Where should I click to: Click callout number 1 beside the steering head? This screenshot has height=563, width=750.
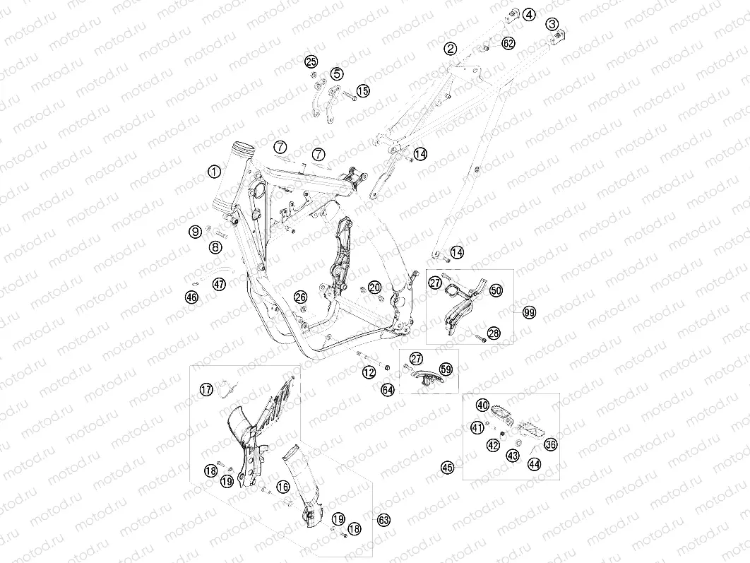215,171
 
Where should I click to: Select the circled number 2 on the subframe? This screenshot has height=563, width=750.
450,48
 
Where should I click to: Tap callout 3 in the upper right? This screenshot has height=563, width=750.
552,23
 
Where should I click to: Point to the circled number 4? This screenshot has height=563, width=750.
529,15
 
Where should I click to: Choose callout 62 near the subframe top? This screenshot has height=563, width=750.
508,44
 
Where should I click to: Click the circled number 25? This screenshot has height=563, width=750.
311,61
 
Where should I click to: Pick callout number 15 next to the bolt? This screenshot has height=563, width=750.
363,90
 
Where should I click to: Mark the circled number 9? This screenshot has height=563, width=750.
196,232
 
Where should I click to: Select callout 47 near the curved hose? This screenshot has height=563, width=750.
219,284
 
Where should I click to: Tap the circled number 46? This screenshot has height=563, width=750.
192,297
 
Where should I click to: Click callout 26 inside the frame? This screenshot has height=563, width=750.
300,297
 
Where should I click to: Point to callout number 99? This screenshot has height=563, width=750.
529,313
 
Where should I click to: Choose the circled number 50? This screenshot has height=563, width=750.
496,290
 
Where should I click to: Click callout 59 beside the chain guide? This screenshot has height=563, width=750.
446,369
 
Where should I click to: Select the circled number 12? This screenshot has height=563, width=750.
369,372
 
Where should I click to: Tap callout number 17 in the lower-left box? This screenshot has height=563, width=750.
207,390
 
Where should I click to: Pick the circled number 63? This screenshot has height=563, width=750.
383,520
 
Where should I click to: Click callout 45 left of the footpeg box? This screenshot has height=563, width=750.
448,467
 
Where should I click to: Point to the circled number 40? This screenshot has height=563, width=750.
482,405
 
